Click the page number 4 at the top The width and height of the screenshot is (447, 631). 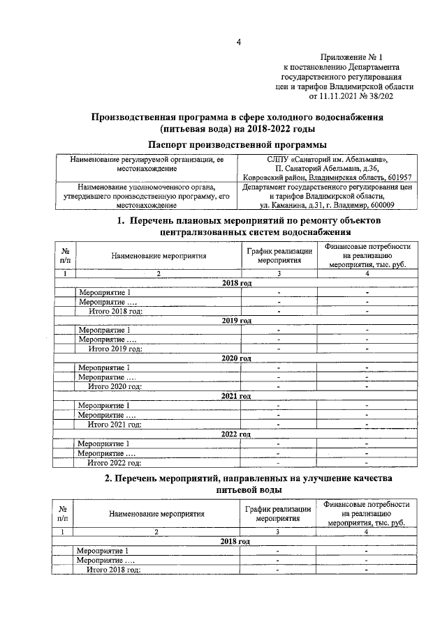point(238,43)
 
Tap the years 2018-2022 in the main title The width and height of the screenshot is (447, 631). point(266,130)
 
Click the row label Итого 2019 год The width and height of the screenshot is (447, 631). point(115,348)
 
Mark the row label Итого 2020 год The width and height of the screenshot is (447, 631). point(115,386)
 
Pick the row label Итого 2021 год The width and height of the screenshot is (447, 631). point(115,424)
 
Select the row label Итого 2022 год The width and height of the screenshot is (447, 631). point(115,462)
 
